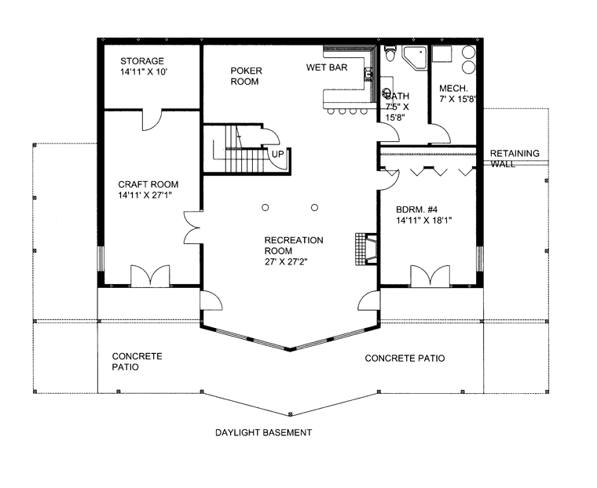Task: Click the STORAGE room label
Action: click(142, 61)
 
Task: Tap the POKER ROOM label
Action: click(246, 76)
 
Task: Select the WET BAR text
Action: click(327, 67)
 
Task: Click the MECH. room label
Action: click(453, 89)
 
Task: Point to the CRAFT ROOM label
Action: click(148, 184)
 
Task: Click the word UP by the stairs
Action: click(277, 155)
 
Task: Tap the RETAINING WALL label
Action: click(515, 158)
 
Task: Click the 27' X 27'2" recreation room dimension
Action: click(286, 262)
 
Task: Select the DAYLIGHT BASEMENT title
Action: click(263, 432)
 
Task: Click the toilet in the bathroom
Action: click(390, 53)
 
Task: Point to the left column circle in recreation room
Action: click(266, 207)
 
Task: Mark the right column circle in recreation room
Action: click(314, 207)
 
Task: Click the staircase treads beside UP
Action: click(244, 160)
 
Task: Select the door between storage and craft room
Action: click(152, 120)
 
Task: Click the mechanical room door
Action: click(441, 133)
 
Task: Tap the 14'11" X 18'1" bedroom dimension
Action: click(423, 220)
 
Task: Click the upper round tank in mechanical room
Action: click(469, 52)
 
